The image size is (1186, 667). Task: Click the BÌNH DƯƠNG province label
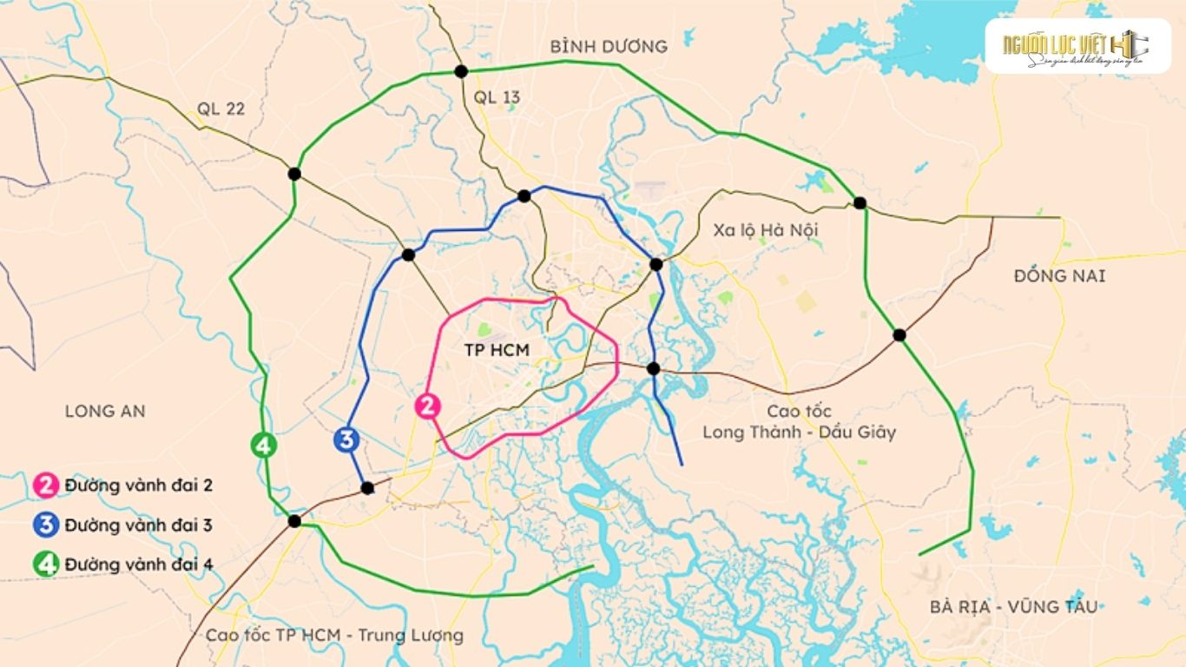[609, 47]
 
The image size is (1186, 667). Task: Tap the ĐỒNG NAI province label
[1059, 276]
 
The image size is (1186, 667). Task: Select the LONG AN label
[105, 411]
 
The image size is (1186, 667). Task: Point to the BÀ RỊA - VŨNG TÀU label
[1012, 606]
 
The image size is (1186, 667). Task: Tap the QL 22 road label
[221, 109]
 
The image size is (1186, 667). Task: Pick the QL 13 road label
[497, 97]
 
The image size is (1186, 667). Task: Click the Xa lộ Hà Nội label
[765, 230]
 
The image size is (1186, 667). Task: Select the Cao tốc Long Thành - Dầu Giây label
[799, 421]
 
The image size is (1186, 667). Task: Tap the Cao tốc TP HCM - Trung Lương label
[334, 635]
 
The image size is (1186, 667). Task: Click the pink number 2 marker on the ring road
[428, 406]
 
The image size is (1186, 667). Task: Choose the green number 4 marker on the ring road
[264, 446]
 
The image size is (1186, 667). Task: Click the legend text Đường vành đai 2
[138, 485]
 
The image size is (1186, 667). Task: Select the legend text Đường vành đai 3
[138, 525]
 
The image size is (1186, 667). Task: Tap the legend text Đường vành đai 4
[138, 564]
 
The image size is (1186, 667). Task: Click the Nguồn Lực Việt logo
[1077, 46]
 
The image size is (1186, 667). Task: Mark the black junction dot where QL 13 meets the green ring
[461, 71]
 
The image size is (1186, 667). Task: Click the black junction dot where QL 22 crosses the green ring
[294, 174]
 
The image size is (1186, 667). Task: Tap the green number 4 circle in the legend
[47, 565]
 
